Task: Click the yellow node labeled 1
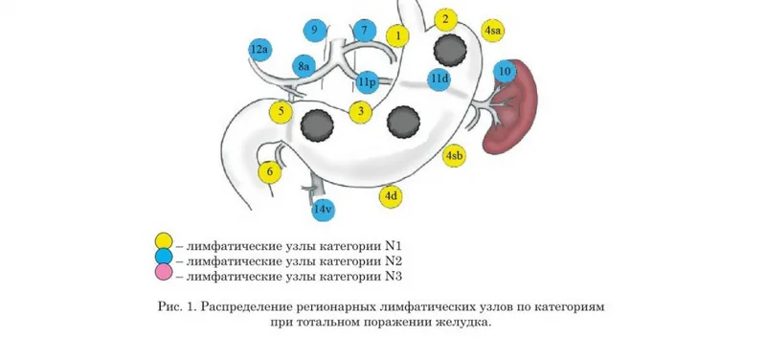397,35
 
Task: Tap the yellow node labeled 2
445,20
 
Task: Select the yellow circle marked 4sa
492,31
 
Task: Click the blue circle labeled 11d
439,79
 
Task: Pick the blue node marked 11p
368,82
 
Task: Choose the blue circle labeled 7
365,32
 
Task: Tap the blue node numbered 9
315,31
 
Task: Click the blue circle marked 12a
259,50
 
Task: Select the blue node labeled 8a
304,66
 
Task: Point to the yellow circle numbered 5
281,112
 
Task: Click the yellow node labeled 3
361,112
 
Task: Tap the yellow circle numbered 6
270,172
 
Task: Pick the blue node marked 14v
324,210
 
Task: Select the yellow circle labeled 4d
391,197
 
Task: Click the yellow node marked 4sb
454,156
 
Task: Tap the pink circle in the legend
164,272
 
